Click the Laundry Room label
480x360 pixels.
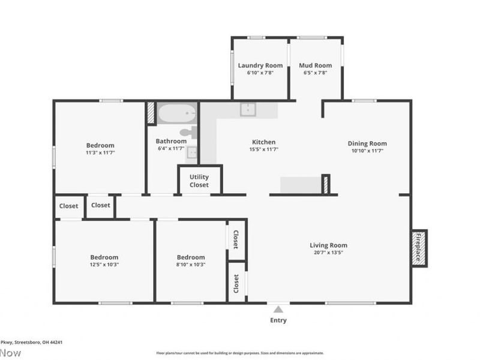tap(260, 65)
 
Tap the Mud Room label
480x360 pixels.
tap(315, 65)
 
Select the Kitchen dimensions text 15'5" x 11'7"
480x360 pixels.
tap(264, 149)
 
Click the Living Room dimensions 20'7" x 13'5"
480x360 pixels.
tap(328, 253)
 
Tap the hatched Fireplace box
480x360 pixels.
tap(419, 248)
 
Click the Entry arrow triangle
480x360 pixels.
tap(278, 310)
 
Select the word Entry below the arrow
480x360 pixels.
tap(278, 320)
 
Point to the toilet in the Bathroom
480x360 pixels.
tap(188, 133)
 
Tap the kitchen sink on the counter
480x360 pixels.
tap(248, 109)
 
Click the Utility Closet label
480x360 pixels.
tap(199, 181)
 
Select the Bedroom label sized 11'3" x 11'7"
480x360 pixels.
tap(100, 145)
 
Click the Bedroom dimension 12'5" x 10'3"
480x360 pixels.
tap(104, 265)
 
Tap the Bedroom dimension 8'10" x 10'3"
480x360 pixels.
tap(191, 265)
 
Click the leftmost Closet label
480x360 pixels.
tap(68, 206)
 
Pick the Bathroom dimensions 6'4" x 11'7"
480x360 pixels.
tap(172, 148)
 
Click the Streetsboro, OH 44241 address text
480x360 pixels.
tap(33, 342)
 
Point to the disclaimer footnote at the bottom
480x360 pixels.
tap(240, 353)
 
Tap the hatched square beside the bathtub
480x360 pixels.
tap(151, 113)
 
